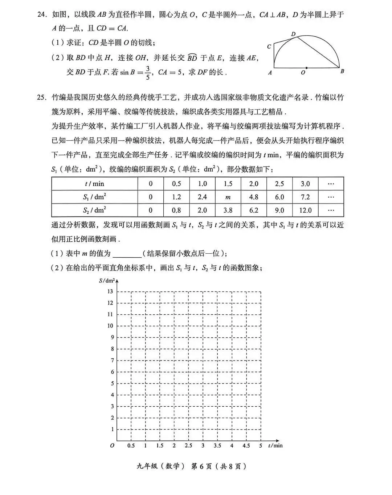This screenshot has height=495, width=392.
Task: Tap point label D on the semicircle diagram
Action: click(293, 34)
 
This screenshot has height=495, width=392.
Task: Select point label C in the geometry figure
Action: click(269, 47)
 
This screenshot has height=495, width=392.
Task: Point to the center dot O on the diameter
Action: click(306, 68)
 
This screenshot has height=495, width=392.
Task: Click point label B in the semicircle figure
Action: click(342, 72)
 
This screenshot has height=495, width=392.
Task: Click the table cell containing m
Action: click(228, 197)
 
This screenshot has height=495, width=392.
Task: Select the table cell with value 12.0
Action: click(305, 210)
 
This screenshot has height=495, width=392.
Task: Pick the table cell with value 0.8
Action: click(176, 210)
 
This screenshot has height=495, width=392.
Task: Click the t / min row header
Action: click(94, 184)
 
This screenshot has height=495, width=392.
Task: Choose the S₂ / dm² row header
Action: click(94, 210)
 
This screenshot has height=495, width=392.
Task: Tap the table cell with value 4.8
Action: click(254, 197)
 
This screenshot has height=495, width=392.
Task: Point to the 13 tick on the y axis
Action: click(110, 291)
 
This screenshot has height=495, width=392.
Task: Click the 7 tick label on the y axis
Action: click(112, 361)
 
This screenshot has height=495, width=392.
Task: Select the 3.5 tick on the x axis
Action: click(217, 446)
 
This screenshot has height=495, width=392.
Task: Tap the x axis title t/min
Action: click(275, 446)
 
